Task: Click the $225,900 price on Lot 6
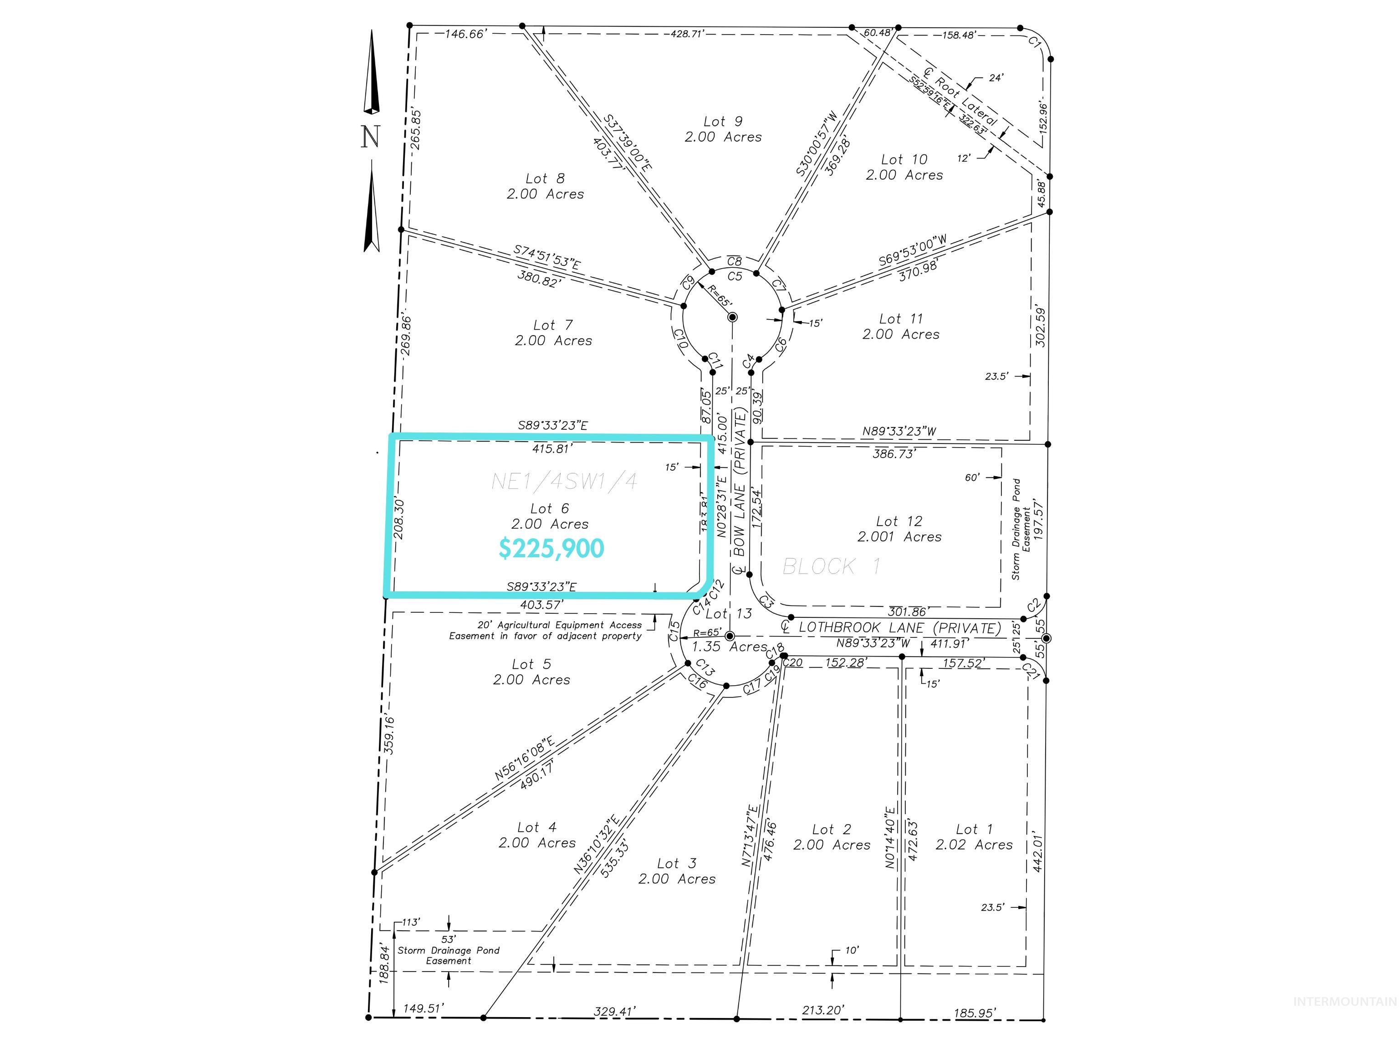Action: click(x=551, y=548)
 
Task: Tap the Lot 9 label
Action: click(x=723, y=122)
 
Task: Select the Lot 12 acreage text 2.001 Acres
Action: click(x=899, y=537)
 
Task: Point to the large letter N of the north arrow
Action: click(x=371, y=137)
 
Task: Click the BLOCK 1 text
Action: click(x=831, y=566)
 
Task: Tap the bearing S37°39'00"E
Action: click(x=627, y=142)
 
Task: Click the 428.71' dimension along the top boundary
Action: click(x=688, y=34)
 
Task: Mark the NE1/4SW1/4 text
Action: click(x=564, y=482)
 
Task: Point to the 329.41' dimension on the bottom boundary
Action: click(x=614, y=1029)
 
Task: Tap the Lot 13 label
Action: click(x=729, y=613)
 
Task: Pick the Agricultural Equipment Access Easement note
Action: click(x=545, y=631)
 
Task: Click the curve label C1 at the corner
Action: click(x=1035, y=42)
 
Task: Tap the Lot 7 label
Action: click(x=553, y=325)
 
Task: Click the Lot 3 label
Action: click(x=677, y=863)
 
